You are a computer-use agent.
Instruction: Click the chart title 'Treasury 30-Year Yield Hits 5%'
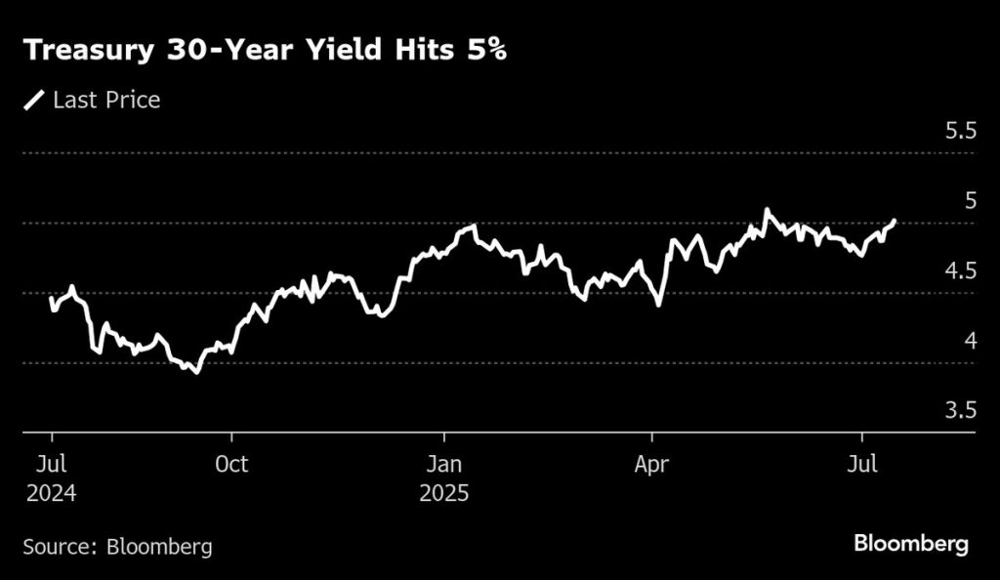point(265,51)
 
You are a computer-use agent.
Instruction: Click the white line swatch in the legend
point(35,100)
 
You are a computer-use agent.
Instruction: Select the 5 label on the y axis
point(970,200)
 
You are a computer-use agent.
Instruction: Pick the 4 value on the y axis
point(970,341)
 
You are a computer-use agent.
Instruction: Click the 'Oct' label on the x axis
point(230,463)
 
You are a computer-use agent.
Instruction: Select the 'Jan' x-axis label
point(444,463)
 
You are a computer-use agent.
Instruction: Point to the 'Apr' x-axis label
point(651,463)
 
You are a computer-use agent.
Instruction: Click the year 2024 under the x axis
point(51,493)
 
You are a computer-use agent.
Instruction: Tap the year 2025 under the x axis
point(444,493)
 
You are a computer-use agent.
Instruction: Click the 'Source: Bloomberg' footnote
point(117,545)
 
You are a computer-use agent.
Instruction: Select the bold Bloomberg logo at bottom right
point(911,543)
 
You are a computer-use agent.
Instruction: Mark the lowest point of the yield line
point(196,372)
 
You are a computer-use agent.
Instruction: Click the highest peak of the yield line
point(767,210)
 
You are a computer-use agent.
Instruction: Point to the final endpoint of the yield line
point(895,222)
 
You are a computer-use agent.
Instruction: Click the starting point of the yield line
point(51,297)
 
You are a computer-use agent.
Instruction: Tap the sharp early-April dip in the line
point(658,305)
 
